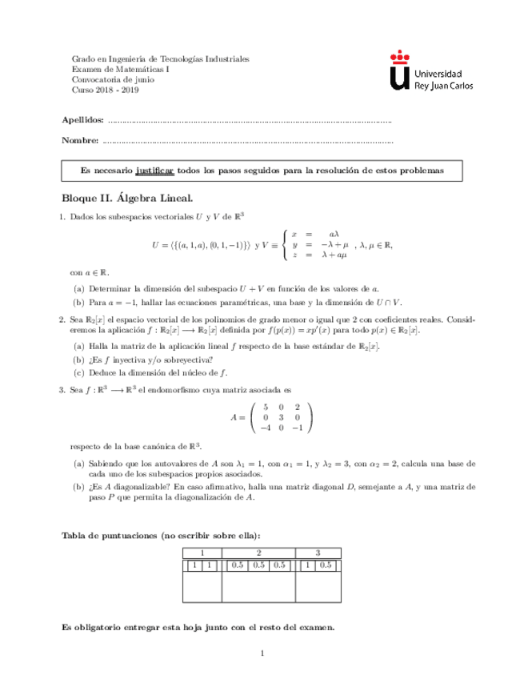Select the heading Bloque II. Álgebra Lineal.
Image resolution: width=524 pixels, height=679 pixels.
tap(127, 197)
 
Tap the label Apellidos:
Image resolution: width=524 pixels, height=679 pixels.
tap(82, 119)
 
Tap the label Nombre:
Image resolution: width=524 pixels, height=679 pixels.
tap(80, 141)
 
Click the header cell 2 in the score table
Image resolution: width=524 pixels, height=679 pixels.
tap(258, 552)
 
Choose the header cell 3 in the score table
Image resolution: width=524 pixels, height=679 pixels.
tap(318, 552)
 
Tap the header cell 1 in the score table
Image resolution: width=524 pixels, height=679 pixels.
tap(202, 552)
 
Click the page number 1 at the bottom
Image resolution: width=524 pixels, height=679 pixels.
tap(262, 655)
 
